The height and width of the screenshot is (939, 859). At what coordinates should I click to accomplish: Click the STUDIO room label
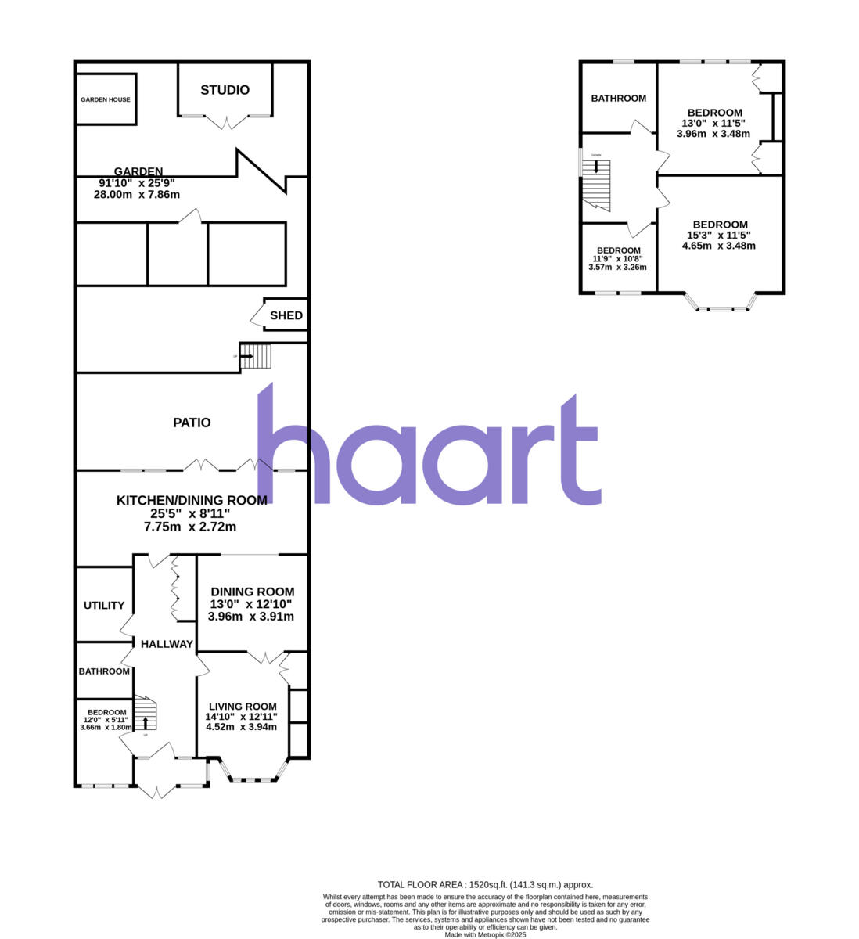tap(225, 90)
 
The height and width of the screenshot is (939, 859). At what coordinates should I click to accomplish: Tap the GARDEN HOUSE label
tap(106, 100)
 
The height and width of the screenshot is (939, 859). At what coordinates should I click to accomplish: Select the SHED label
tap(286, 316)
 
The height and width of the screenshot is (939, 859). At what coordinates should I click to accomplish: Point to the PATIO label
tap(192, 423)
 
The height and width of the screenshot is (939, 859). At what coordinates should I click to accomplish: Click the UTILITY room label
tap(104, 605)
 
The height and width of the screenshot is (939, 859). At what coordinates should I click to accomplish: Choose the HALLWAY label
tap(167, 644)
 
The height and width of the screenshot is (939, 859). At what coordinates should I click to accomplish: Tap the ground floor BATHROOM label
tap(104, 671)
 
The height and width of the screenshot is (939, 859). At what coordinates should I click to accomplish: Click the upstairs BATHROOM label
tap(618, 98)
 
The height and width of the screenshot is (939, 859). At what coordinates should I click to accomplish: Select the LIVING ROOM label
tap(243, 706)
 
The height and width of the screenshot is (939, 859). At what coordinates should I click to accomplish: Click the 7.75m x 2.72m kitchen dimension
tap(190, 527)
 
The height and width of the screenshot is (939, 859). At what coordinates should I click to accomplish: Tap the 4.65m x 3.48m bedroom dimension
tap(719, 246)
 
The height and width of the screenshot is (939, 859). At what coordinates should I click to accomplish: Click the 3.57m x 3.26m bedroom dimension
tap(618, 267)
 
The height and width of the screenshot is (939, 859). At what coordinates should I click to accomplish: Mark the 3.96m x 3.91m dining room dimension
tap(251, 617)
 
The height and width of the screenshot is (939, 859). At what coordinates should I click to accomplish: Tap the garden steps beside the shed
tap(256, 357)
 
